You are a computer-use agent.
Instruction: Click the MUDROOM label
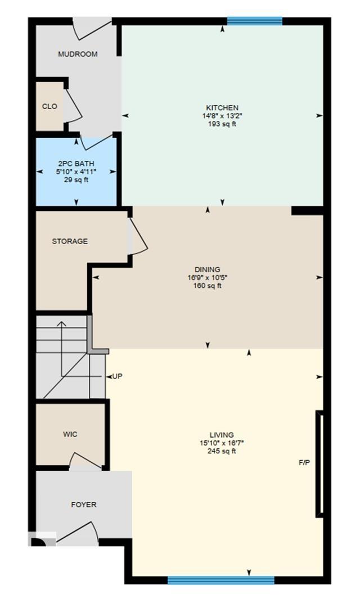coord(78,55)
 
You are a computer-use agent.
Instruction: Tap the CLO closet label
coord(49,106)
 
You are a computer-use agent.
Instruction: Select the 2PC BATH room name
coord(76,164)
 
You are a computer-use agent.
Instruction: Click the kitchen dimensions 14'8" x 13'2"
coord(222,116)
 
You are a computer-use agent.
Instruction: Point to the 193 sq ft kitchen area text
coord(222,124)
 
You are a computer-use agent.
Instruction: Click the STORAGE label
coord(70,241)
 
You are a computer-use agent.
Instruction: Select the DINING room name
coord(208,269)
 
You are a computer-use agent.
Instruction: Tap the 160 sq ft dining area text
coord(208,286)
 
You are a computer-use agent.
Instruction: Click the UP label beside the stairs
coord(117,376)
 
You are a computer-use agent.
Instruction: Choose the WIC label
coord(70,434)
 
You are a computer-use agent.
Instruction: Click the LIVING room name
coord(222,435)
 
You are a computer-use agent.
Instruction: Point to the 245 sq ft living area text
coord(222,451)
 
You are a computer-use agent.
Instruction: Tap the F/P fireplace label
coord(304,463)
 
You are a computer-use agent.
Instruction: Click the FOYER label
coord(83,505)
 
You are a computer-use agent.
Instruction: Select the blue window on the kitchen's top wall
coord(254,21)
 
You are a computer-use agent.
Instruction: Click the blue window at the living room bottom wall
coord(220,580)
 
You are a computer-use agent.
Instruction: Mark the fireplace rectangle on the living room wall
coord(319,464)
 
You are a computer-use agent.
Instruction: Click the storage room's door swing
coord(137,236)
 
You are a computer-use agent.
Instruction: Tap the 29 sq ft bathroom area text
coord(76,180)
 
